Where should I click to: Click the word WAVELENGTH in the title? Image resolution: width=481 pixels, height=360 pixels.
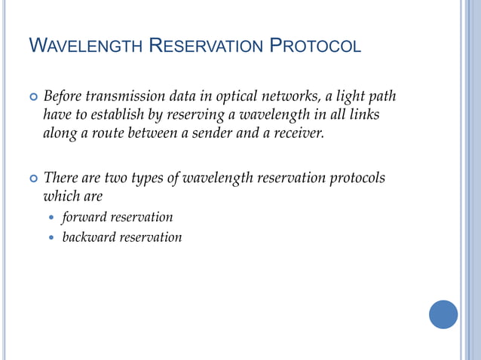pos(84,47)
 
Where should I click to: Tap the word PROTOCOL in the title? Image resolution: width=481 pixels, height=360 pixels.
pos(315,47)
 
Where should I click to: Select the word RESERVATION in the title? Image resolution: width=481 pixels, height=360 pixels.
pos(204,47)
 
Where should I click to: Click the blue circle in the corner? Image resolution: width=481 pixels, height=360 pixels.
pos(443,314)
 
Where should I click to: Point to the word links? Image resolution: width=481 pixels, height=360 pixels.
pos(363,115)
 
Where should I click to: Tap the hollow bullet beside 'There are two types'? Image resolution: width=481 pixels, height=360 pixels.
pos(32,179)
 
